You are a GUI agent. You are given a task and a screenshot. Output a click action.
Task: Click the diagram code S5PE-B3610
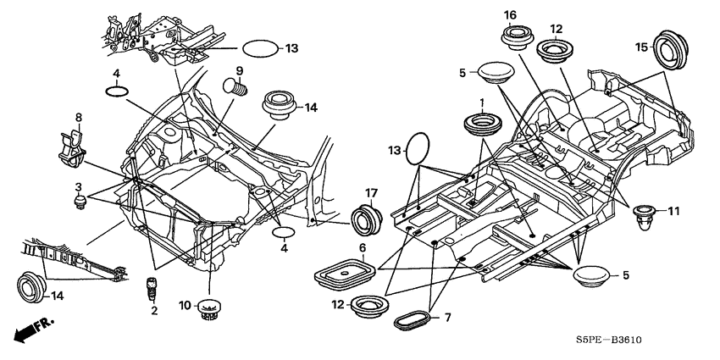[x=608, y=341]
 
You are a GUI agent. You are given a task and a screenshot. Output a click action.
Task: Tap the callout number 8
[x=79, y=117]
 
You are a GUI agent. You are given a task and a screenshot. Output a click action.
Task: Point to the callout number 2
[x=154, y=311]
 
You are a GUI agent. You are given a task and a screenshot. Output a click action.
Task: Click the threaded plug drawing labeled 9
[x=235, y=86]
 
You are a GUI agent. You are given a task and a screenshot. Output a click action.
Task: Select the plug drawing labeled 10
[x=209, y=309]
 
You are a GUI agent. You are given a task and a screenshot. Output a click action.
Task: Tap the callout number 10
[x=185, y=305]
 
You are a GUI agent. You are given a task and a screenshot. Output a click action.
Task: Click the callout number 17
[x=370, y=193]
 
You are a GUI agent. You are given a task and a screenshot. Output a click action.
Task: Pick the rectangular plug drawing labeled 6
[x=345, y=274]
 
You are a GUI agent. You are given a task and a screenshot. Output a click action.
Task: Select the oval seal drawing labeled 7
[x=413, y=320]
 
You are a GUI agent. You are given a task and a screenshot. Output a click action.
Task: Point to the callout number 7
[x=447, y=317]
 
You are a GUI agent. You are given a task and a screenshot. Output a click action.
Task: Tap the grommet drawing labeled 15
[x=671, y=50]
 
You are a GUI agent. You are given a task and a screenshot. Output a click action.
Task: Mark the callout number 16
[x=510, y=15]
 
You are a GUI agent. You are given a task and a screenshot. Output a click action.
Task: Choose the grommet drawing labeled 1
[x=483, y=124]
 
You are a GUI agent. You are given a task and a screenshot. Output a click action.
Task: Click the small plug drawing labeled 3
[x=80, y=202]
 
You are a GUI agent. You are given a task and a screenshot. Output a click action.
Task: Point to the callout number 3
[x=79, y=187]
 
